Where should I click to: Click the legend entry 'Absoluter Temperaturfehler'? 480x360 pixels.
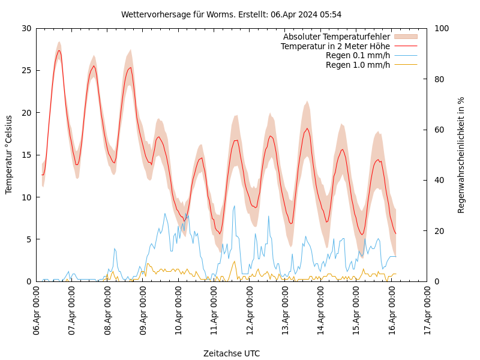(x=336, y=37)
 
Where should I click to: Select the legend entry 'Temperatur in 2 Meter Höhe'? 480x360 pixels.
(x=335, y=46)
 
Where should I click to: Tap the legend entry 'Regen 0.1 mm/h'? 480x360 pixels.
(x=358, y=55)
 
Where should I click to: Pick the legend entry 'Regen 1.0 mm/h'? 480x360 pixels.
(x=358, y=65)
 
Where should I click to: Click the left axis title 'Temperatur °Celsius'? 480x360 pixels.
(x=9, y=155)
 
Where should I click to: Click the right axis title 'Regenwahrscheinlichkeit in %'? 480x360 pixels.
(x=461, y=155)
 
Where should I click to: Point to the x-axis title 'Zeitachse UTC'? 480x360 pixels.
(x=232, y=353)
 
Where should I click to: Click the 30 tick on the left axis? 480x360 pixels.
(x=26, y=28)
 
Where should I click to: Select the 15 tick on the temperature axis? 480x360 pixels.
(x=26, y=155)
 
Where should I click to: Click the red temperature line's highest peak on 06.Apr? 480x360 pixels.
(x=59, y=50)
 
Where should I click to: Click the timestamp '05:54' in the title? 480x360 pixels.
(x=331, y=14)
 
